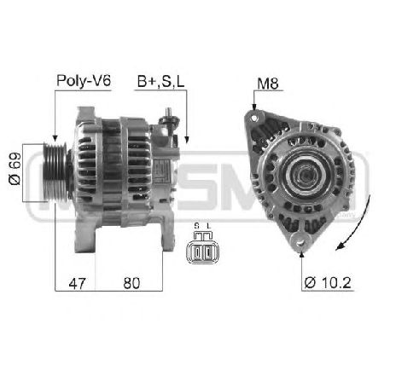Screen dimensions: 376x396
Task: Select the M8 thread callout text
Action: click(x=266, y=83)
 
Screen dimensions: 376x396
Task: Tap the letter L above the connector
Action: click(x=207, y=225)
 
